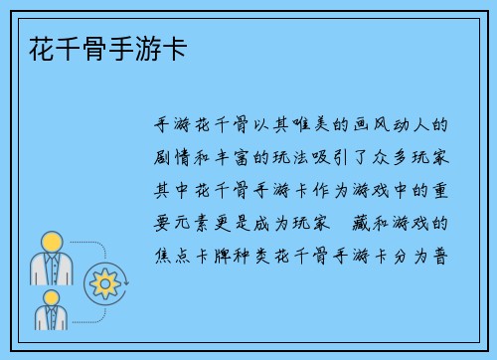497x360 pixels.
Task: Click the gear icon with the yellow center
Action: [103, 283]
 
